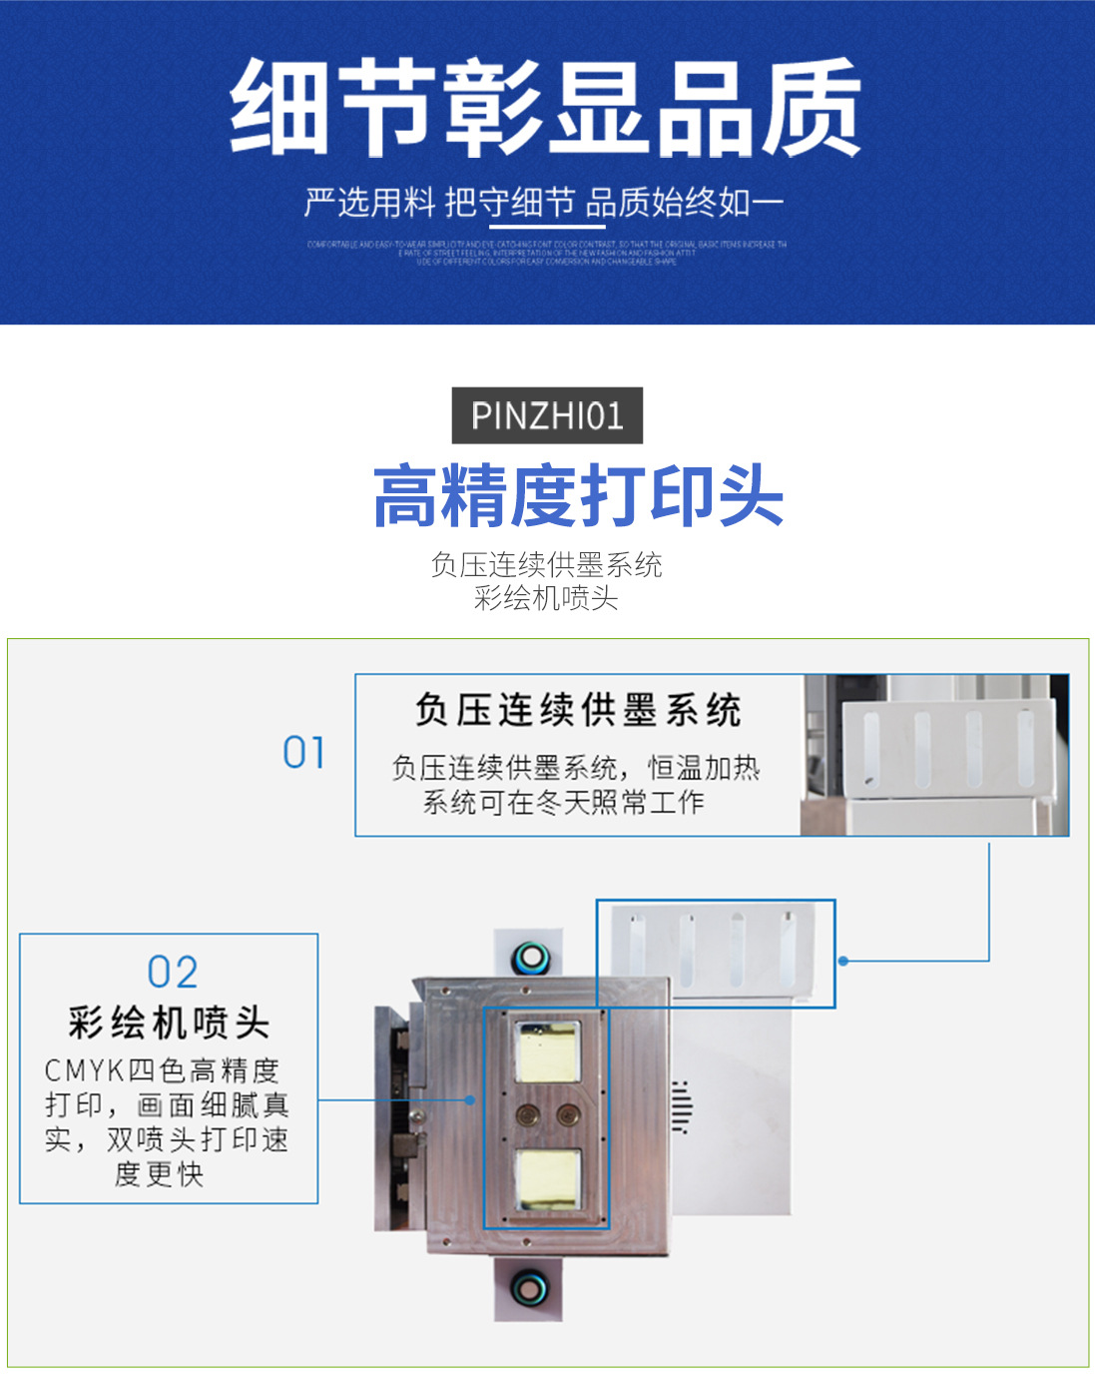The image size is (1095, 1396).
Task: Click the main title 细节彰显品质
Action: pyautogui.click(x=546, y=108)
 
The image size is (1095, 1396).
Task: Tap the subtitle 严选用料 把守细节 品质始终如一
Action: pyautogui.click(x=544, y=203)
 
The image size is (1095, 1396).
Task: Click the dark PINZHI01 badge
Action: pyautogui.click(x=547, y=415)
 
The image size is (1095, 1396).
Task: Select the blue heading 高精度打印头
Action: pyautogui.click(x=578, y=495)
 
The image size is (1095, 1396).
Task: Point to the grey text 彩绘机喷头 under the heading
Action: pyautogui.click(x=546, y=598)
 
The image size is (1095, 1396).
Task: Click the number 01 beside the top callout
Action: pyautogui.click(x=303, y=753)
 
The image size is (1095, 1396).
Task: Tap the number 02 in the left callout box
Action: pyautogui.click(x=173, y=972)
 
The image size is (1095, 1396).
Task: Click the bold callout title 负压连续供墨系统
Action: pyautogui.click(x=578, y=711)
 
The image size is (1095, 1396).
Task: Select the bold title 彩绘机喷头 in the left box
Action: pyautogui.click(x=169, y=1023)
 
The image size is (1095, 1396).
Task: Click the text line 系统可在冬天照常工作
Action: pyautogui.click(x=563, y=802)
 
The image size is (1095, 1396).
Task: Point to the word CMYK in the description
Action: pyautogui.click(x=84, y=1071)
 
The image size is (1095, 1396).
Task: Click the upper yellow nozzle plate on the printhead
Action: pyautogui.click(x=545, y=1051)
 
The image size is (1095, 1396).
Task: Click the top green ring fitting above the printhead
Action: pyautogui.click(x=530, y=960)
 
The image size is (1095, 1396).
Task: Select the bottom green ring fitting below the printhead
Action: pyautogui.click(x=529, y=1288)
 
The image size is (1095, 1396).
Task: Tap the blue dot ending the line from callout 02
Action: pyautogui.click(x=470, y=1099)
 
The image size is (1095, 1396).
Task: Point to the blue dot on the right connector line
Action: pyautogui.click(x=843, y=961)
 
